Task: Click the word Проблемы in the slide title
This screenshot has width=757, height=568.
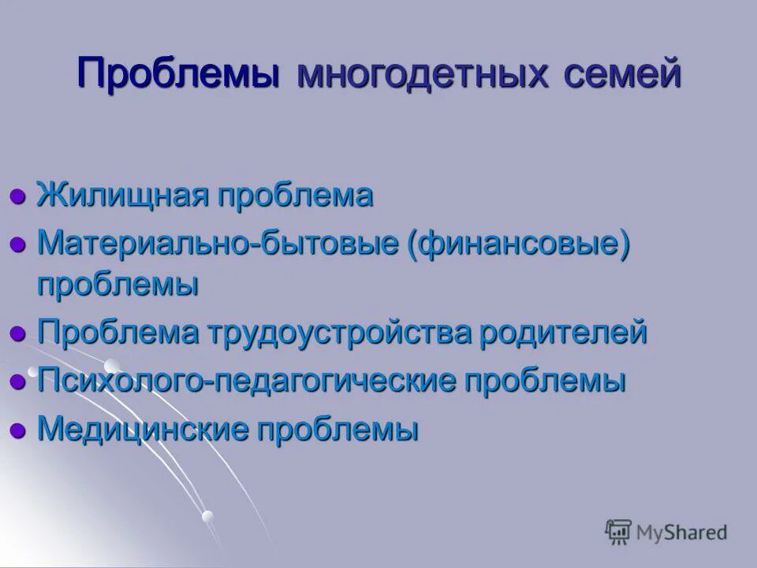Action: point(179,75)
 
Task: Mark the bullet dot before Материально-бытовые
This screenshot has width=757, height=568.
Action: point(18,245)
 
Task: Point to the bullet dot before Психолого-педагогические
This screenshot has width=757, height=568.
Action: point(18,382)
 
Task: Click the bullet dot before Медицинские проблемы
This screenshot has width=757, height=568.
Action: point(18,431)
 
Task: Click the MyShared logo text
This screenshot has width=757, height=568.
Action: point(684,532)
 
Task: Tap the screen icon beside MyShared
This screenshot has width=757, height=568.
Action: point(619,531)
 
